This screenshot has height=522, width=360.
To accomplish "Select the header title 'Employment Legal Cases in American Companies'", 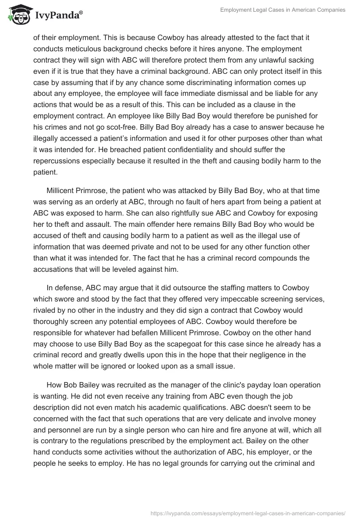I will (x=283, y=10).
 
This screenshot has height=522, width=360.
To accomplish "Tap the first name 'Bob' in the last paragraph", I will (x=73, y=386).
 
